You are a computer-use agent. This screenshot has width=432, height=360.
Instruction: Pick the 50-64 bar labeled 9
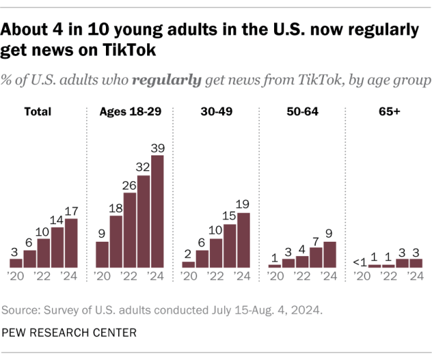coord(329,255)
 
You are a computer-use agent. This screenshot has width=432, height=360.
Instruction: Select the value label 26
coord(130,185)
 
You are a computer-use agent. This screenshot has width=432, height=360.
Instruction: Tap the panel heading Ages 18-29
coord(130,111)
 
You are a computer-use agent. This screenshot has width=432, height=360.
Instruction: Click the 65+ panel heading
coord(388,111)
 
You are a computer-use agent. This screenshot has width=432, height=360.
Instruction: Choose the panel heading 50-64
coord(302,111)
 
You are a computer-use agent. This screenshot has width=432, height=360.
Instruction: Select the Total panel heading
coord(38,111)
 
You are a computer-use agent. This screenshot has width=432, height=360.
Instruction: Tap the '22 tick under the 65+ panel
coord(388,276)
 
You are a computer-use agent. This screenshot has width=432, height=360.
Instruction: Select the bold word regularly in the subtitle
coord(167,80)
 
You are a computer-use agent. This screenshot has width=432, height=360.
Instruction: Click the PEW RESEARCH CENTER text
coord(69,332)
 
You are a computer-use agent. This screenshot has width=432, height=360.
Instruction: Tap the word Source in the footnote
coord(22,311)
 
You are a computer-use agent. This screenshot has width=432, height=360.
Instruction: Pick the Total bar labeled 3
coord(16,263)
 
